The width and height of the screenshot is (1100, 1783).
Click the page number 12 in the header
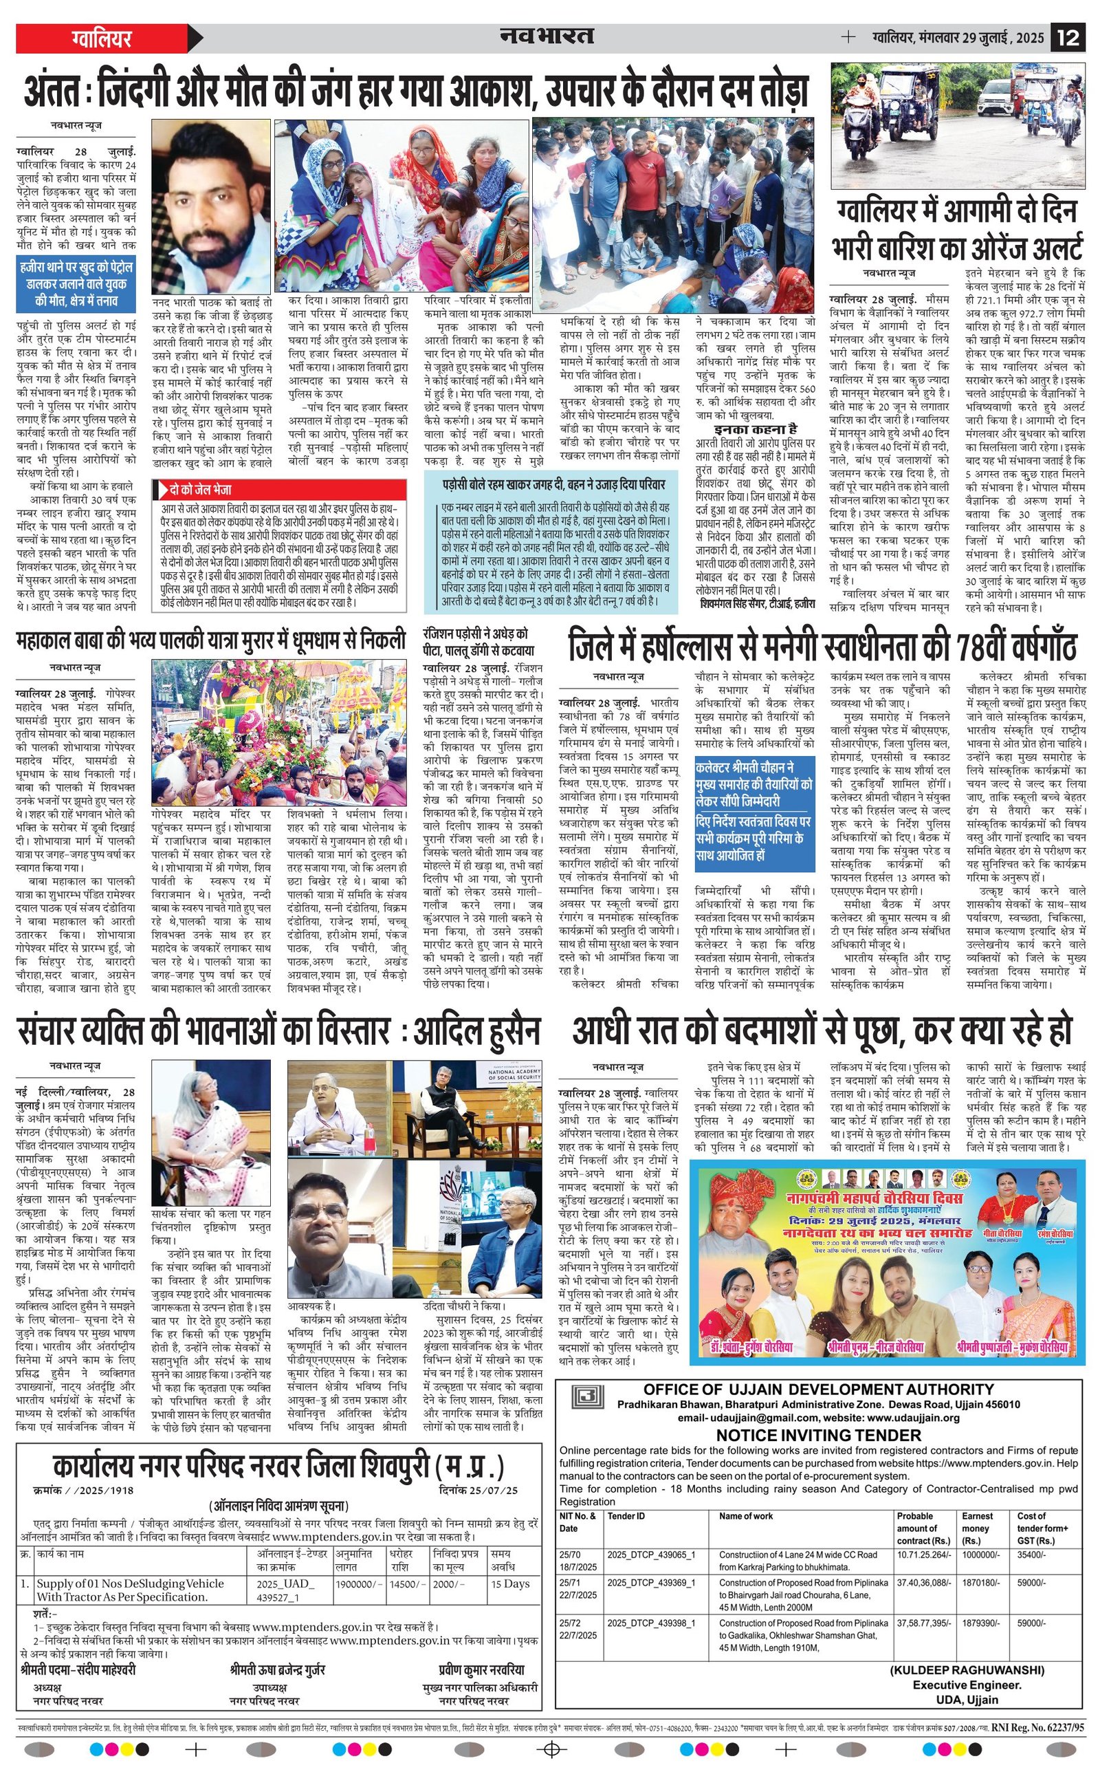(x=1068, y=38)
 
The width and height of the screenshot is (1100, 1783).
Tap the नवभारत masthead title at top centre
(x=547, y=36)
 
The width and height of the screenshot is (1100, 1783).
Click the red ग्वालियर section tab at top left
(x=102, y=38)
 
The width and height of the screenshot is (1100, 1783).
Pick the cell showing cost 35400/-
(x=1031, y=1555)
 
